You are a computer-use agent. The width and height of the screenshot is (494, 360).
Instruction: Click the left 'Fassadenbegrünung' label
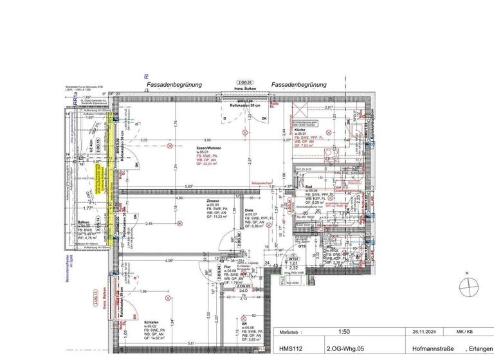[174, 84]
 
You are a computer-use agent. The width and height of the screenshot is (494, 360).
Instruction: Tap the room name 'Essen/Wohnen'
[210, 148]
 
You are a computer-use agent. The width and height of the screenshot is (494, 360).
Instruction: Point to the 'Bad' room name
[308, 186]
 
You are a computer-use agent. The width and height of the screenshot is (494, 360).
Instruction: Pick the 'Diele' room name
[249, 210]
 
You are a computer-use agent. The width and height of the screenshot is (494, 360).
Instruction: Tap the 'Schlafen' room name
[152, 322]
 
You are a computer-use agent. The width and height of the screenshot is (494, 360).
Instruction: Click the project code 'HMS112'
[291, 348]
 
